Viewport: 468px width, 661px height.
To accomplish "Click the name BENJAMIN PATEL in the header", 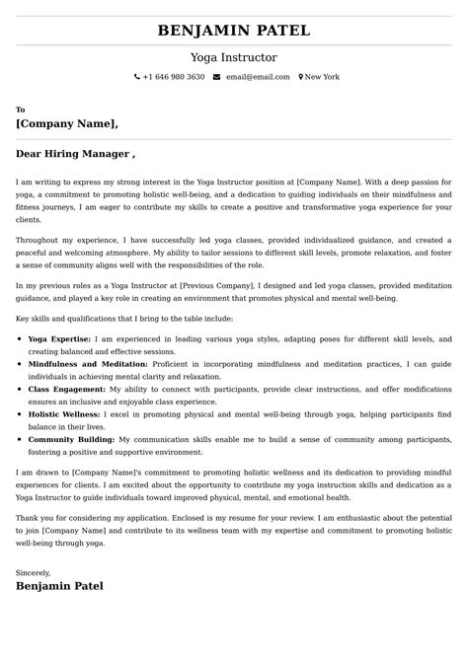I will [x=234, y=32].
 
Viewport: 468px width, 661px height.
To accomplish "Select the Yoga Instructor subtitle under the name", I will [x=234, y=58].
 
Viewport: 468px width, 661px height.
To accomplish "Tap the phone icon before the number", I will [x=137, y=77].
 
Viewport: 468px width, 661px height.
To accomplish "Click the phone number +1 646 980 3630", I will [x=174, y=77].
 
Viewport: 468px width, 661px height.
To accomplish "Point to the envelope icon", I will [x=216, y=77].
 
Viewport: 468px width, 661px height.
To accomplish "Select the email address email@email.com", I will [x=258, y=77].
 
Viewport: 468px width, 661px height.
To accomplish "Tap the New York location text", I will [x=322, y=77].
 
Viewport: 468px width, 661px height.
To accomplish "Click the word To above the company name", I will [x=21, y=110].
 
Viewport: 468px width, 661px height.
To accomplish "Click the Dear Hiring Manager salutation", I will [x=75, y=154].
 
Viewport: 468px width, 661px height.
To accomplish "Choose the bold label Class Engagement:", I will [x=66, y=390].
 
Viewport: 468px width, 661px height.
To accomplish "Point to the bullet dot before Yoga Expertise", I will [x=21, y=338].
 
